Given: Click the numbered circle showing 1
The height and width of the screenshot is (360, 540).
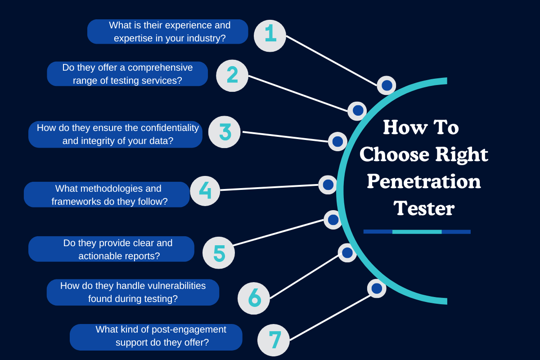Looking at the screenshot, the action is pyautogui.click(x=270, y=36).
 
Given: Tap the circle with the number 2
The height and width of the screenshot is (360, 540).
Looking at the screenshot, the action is pyautogui.click(x=232, y=76).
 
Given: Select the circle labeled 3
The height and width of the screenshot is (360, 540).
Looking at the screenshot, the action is pyautogui.click(x=225, y=132).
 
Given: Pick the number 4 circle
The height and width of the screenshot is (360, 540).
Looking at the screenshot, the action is pyautogui.click(x=205, y=191).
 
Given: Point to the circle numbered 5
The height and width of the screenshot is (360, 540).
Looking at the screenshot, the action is pyautogui.click(x=219, y=253).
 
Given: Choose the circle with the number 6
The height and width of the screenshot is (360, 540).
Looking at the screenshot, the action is pyautogui.click(x=254, y=298).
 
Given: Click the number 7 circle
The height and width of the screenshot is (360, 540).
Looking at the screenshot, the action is pyautogui.click(x=274, y=340).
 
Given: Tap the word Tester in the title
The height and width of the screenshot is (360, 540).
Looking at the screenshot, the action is pyautogui.click(x=424, y=208).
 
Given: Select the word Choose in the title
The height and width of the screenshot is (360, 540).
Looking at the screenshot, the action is pyautogui.click(x=394, y=154).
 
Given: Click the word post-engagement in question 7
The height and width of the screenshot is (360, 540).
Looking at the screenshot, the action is pyautogui.click(x=189, y=329).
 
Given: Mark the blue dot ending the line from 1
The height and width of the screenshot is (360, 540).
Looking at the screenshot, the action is pyautogui.click(x=387, y=85).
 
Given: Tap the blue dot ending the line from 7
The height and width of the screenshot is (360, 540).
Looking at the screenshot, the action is pyautogui.click(x=377, y=288).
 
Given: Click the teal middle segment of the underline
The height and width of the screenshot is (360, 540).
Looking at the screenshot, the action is pyautogui.click(x=417, y=232).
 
